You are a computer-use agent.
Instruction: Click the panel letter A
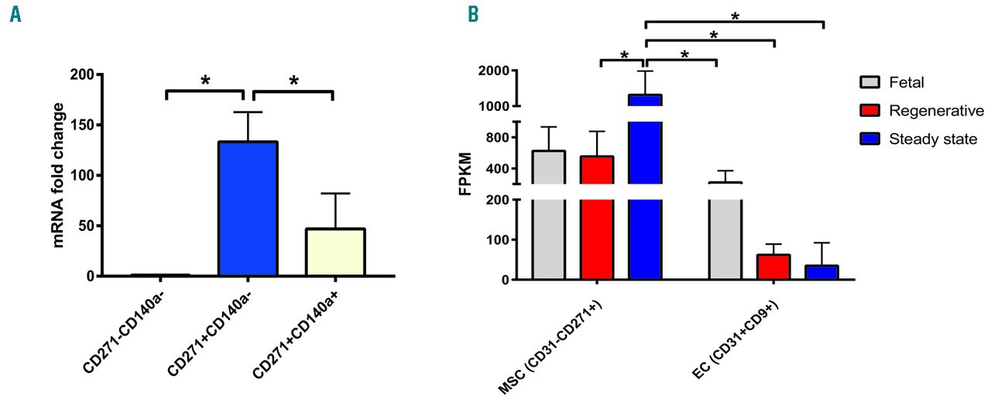pos(15,15)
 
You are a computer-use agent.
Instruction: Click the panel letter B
pos(472,15)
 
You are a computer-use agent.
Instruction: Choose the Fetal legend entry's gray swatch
pos(870,83)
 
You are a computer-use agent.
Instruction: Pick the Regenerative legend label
pos(936,112)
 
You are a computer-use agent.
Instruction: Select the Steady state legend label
pos(934,139)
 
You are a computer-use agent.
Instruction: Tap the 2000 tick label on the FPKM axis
pos(492,71)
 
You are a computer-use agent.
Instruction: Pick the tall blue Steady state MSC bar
pos(645,194)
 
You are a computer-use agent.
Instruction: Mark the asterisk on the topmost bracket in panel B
pos(735,16)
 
